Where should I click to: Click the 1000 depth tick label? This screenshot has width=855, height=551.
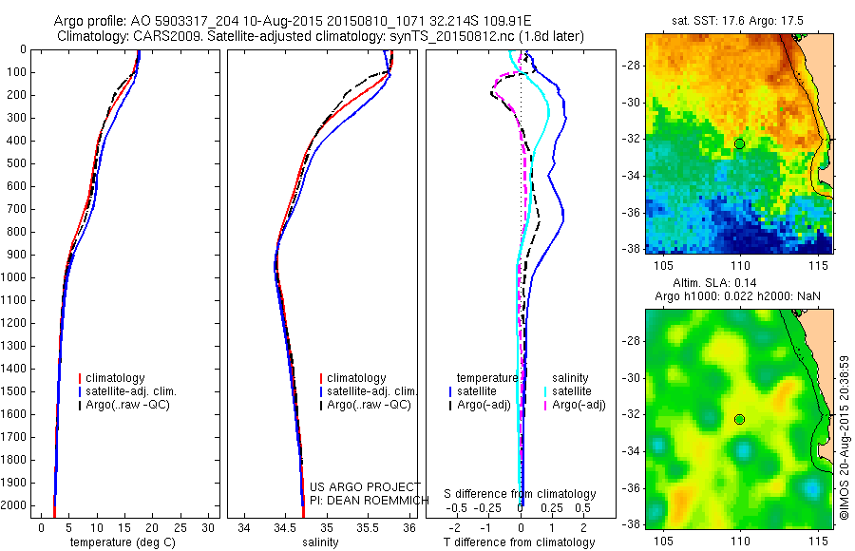click(15, 277)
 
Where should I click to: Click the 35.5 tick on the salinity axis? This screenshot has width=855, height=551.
click(368, 527)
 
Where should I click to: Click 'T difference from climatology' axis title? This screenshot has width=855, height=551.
click(520, 542)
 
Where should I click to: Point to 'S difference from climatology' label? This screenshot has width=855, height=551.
click(520, 494)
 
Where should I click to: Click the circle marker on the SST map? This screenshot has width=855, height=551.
click(739, 143)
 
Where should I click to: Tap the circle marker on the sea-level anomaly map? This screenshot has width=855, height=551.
click(739, 419)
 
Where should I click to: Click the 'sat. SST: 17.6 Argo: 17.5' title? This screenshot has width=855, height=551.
click(738, 19)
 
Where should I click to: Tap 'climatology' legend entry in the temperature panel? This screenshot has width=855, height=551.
click(115, 378)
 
